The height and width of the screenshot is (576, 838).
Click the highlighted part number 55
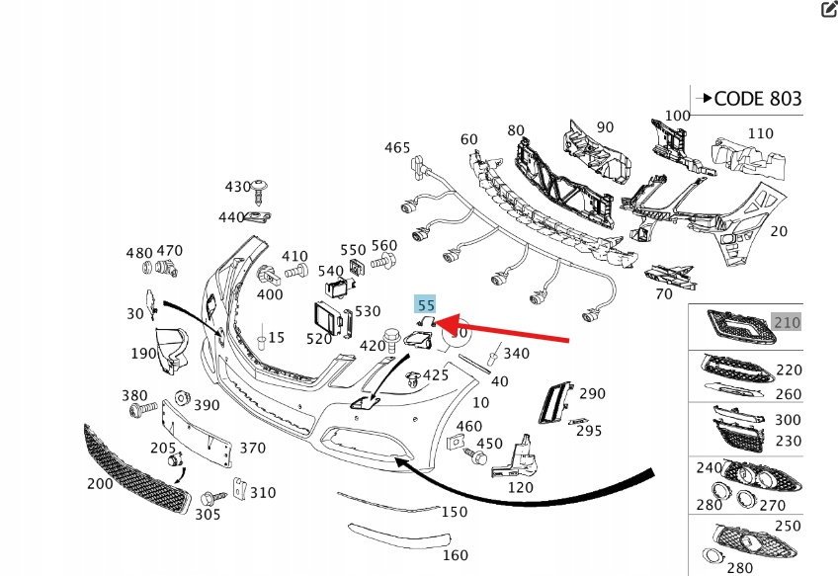pyautogui.click(x=426, y=307)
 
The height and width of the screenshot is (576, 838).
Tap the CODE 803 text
pyautogui.click(x=757, y=99)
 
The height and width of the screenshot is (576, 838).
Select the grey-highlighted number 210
pyautogui.click(x=787, y=322)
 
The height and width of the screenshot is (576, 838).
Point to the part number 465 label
pyautogui.click(x=397, y=148)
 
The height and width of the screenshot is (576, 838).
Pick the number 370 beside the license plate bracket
pyautogui.click(x=252, y=449)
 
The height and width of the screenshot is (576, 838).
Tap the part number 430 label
pyautogui.click(x=238, y=187)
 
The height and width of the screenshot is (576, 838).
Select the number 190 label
pyautogui.click(x=143, y=353)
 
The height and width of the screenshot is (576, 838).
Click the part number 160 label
pyautogui.click(x=455, y=555)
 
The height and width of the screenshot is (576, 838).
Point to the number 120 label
pyautogui.click(x=521, y=486)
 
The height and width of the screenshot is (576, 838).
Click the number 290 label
pyautogui.click(x=591, y=394)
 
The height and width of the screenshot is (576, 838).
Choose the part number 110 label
pyautogui.click(x=760, y=133)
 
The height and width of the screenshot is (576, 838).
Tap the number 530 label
pyautogui.click(x=368, y=312)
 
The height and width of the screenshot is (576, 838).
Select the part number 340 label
pyautogui.click(x=516, y=353)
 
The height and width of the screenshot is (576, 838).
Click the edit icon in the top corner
pyautogui.click(x=828, y=10)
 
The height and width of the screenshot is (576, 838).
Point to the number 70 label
pyautogui.click(x=664, y=293)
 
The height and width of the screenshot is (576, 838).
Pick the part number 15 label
pyautogui.click(x=276, y=338)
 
